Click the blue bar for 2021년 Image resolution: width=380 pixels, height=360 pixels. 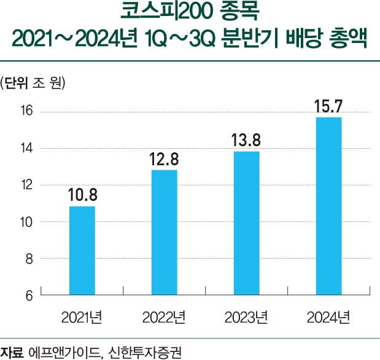(x=82, y=251)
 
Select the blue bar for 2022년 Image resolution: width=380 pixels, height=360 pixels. (x=164, y=232)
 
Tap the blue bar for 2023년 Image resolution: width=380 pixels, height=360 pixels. (x=246, y=223)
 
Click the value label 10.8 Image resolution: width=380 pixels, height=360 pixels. (x=82, y=196)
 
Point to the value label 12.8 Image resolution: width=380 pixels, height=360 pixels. (x=164, y=160)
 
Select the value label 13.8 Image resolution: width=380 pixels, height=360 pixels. (x=246, y=141)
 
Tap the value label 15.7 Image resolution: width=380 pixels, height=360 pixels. (x=328, y=107)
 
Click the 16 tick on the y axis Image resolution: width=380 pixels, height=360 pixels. (x=26, y=111)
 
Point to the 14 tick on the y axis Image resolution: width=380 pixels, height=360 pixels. (x=26, y=148)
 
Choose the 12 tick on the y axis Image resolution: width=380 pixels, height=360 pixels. (x=26, y=185)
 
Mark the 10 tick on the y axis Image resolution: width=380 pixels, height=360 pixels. (x=26, y=222)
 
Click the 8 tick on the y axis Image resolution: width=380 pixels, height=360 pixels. (x=28, y=259)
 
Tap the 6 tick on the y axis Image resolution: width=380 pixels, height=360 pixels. (x=28, y=295)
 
